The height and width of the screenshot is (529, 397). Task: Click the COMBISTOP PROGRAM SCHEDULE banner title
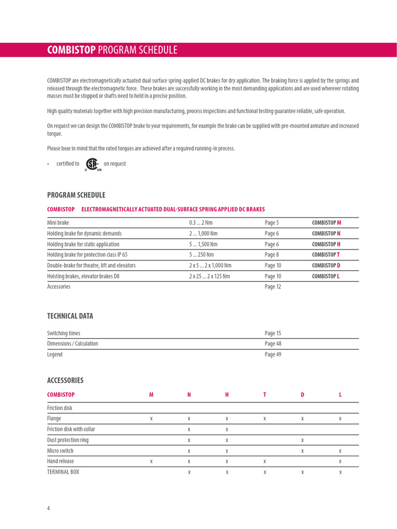(x=112, y=50)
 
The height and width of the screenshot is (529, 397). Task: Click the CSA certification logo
(x=92, y=164)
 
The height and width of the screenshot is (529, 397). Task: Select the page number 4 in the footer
(x=49, y=508)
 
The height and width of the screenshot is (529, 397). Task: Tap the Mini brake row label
(x=58, y=223)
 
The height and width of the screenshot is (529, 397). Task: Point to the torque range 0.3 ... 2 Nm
(x=201, y=223)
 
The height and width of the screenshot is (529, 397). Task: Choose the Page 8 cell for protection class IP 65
(x=271, y=255)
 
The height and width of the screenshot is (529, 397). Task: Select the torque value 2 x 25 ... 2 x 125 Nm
(x=209, y=276)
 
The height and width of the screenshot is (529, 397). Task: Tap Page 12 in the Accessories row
(x=273, y=287)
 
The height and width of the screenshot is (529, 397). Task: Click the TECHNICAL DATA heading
(x=70, y=316)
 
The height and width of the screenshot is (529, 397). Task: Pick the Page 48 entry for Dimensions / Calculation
(x=273, y=344)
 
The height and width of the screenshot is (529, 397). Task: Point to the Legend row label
(x=55, y=354)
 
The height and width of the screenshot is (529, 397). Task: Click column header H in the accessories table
(x=226, y=395)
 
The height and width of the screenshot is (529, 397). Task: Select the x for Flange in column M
(x=151, y=419)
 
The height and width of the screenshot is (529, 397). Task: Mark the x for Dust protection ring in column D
(x=302, y=440)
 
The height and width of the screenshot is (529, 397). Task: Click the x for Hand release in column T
(x=264, y=461)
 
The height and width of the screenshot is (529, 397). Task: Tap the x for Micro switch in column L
(x=340, y=451)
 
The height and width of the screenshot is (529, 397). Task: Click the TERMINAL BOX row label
(x=63, y=472)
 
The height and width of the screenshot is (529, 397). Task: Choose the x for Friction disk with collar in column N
(x=189, y=429)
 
